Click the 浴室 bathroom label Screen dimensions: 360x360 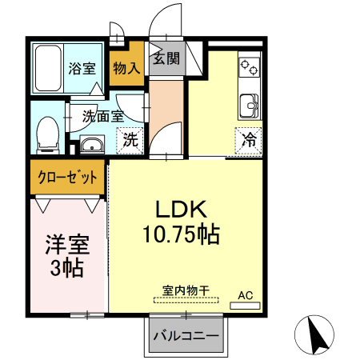pyautogui.click(x=82, y=68)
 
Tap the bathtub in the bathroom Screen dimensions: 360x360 pyautogui.click(x=49, y=70)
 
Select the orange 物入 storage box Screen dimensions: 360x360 pyautogui.click(x=126, y=69)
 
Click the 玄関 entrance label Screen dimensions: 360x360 pyautogui.click(x=166, y=58)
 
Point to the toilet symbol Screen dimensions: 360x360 pyautogui.click(x=49, y=134)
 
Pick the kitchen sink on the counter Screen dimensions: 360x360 pyautogui.click(x=250, y=103)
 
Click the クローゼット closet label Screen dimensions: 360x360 pyautogui.click(x=67, y=177)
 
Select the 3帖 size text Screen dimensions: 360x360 pyautogui.click(x=66, y=268)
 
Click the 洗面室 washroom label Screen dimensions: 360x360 pyautogui.click(x=103, y=116)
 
